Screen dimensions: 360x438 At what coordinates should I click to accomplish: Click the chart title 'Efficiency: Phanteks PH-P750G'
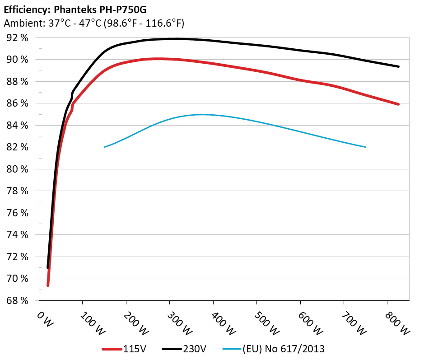point(75,9)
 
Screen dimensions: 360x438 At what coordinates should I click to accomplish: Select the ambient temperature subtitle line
point(94,23)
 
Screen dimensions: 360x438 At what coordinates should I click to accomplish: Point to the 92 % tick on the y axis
point(18,38)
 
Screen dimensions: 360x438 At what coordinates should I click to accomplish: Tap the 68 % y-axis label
point(18,300)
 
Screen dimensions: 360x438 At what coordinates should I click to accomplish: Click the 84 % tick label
point(18,126)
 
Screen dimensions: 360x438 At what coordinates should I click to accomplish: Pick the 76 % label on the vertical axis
point(18,213)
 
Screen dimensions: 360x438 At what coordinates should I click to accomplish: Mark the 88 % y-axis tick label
point(18,82)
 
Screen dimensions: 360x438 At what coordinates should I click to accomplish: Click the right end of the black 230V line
point(398,66)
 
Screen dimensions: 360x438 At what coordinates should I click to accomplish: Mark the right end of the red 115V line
point(398,104)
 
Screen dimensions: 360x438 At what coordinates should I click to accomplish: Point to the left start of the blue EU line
point(105,147)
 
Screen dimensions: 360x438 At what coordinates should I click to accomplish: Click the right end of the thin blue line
point(365,147)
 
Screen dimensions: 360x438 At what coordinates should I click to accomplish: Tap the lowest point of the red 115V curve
point(48,285)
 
